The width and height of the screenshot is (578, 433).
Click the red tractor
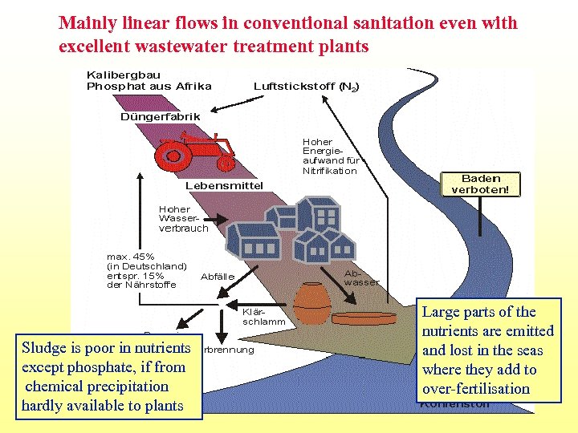tap(196, 152)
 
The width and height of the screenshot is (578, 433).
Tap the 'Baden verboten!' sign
tap(480, 184)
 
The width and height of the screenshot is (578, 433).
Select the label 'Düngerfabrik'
tap(161, 116)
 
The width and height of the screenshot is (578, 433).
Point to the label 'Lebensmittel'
tap(224, 186)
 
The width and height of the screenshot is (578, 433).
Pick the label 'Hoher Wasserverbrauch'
tap(183, 218)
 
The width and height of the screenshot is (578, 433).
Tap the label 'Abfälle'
tap(217, 277)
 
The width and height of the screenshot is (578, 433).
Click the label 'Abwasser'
tap(360, 277)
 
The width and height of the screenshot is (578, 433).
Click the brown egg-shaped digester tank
tap(312, 304)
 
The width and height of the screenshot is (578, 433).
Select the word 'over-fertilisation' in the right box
tap(475, 389)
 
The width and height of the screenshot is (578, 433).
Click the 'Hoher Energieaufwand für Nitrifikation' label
tap(328, 156)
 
